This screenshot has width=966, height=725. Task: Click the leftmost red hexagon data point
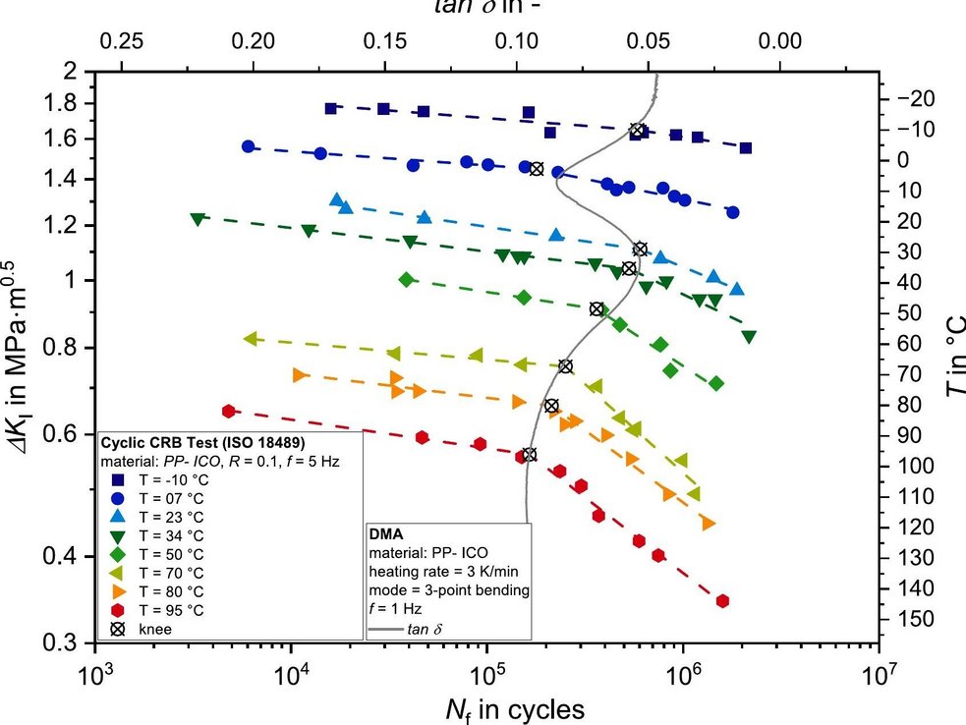click(x=229, y=412)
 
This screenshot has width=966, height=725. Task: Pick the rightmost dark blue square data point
click(x=746, y=148)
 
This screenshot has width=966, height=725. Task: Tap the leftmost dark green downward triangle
click(x=198, y=219)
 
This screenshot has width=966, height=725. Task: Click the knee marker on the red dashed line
click(x=530, y=454)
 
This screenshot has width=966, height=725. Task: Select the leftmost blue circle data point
click(x=248, y=146)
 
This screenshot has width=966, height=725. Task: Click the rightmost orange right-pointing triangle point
click(x=708, y=525)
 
